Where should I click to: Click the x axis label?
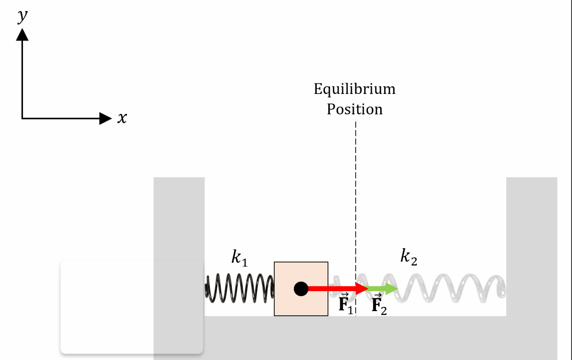(x=122, y=118)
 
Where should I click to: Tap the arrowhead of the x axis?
(x=105, y=119)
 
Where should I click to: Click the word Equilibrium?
(x=355, y=89)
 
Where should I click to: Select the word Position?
(x=355, y=109)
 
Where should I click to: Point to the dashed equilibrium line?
(x=356, y=191)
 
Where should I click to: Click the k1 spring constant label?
(x=239, y=258)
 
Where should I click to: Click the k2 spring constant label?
(x=409, y=256)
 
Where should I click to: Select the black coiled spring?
(x=239, y=289)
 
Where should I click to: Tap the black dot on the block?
(x=301, y=289)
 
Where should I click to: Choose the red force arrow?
(x=336, y=289)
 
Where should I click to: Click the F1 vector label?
(x=345, y=303)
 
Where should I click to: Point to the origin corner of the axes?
(x=22, y=118)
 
